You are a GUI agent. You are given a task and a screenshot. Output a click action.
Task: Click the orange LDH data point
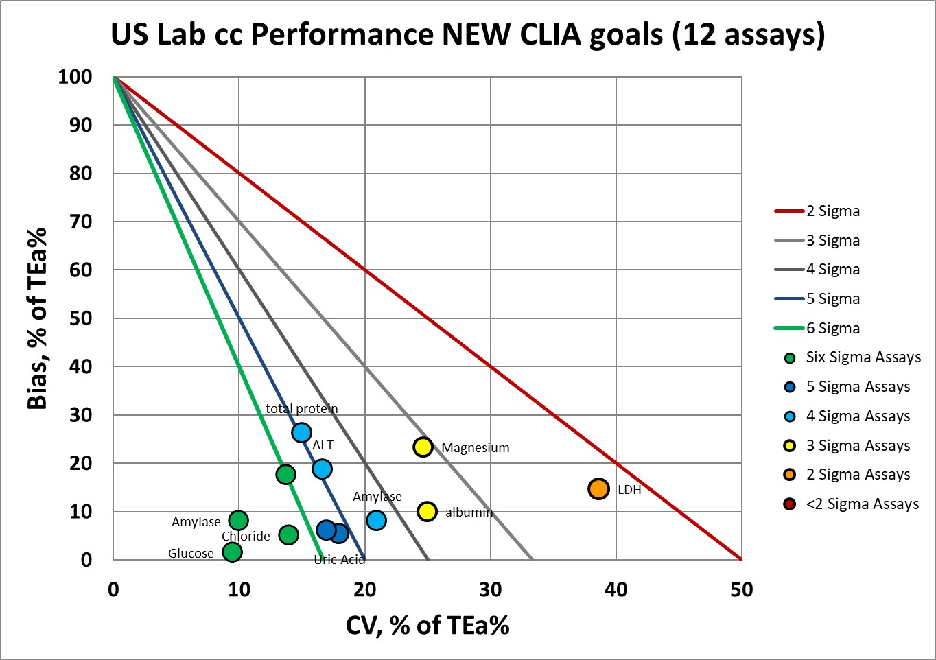pos(598,488)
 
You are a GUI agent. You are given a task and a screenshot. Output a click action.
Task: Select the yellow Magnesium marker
pos(423,447)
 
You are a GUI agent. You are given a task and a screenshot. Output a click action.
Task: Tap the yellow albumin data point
pos(427,511)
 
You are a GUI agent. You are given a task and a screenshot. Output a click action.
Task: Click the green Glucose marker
pos(233,552)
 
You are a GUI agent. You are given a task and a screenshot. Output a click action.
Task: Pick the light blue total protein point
pos(301,432)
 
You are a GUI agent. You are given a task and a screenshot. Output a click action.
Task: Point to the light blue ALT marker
pos(322,469)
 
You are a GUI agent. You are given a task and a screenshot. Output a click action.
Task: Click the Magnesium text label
pos(475,448)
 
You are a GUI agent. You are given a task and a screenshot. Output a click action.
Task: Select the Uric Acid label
pos(339,560)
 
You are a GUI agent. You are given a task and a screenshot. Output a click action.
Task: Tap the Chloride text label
pos(246,537)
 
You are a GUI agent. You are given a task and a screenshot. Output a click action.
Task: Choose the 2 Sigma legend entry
pos(832,211)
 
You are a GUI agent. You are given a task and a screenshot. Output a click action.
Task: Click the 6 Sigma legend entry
pos(832,329)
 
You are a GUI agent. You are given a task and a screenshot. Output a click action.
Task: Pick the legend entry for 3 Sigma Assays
pos(858,446)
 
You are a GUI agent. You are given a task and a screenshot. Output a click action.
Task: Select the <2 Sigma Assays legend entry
pos(862,504)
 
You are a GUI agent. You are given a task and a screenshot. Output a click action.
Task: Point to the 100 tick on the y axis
pos(75,77)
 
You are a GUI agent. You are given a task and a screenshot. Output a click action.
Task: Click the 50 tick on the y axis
pos(81,318)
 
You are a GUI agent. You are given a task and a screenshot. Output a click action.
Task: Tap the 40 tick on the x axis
pos(616,590)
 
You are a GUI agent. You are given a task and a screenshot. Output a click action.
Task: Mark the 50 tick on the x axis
pos(742,590)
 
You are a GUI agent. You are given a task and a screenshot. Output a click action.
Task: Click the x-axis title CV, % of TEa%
pos(428,625)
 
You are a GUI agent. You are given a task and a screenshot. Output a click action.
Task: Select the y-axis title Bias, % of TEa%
pos(37,318)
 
